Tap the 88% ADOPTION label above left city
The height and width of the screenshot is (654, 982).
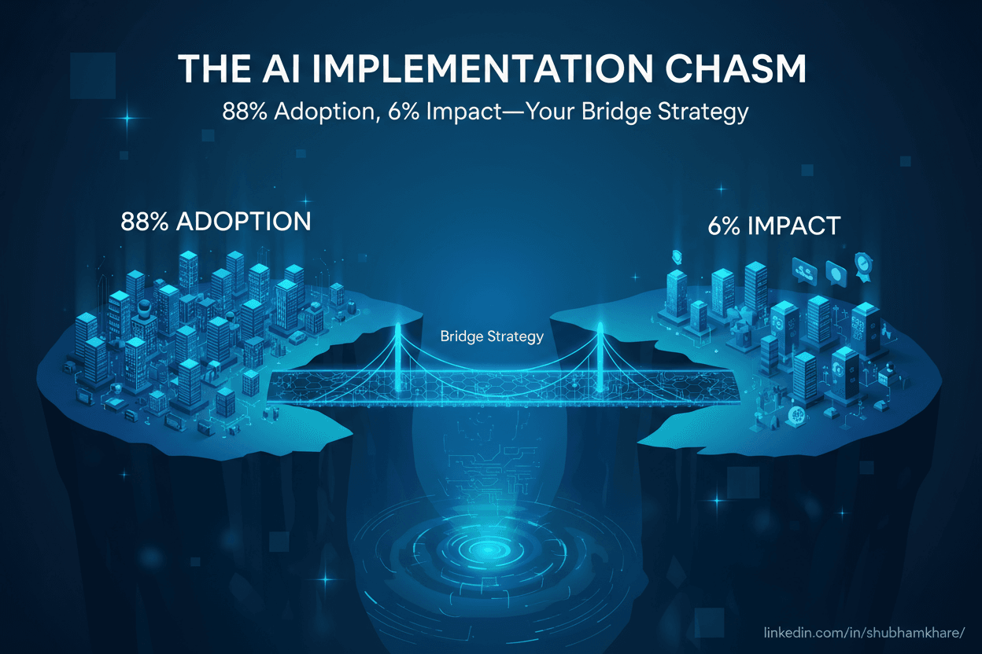(x=216, y=222)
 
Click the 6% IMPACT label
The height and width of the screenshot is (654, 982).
(x=773, y=226)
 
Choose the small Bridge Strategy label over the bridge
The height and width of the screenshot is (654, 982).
(x=492, y=337)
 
